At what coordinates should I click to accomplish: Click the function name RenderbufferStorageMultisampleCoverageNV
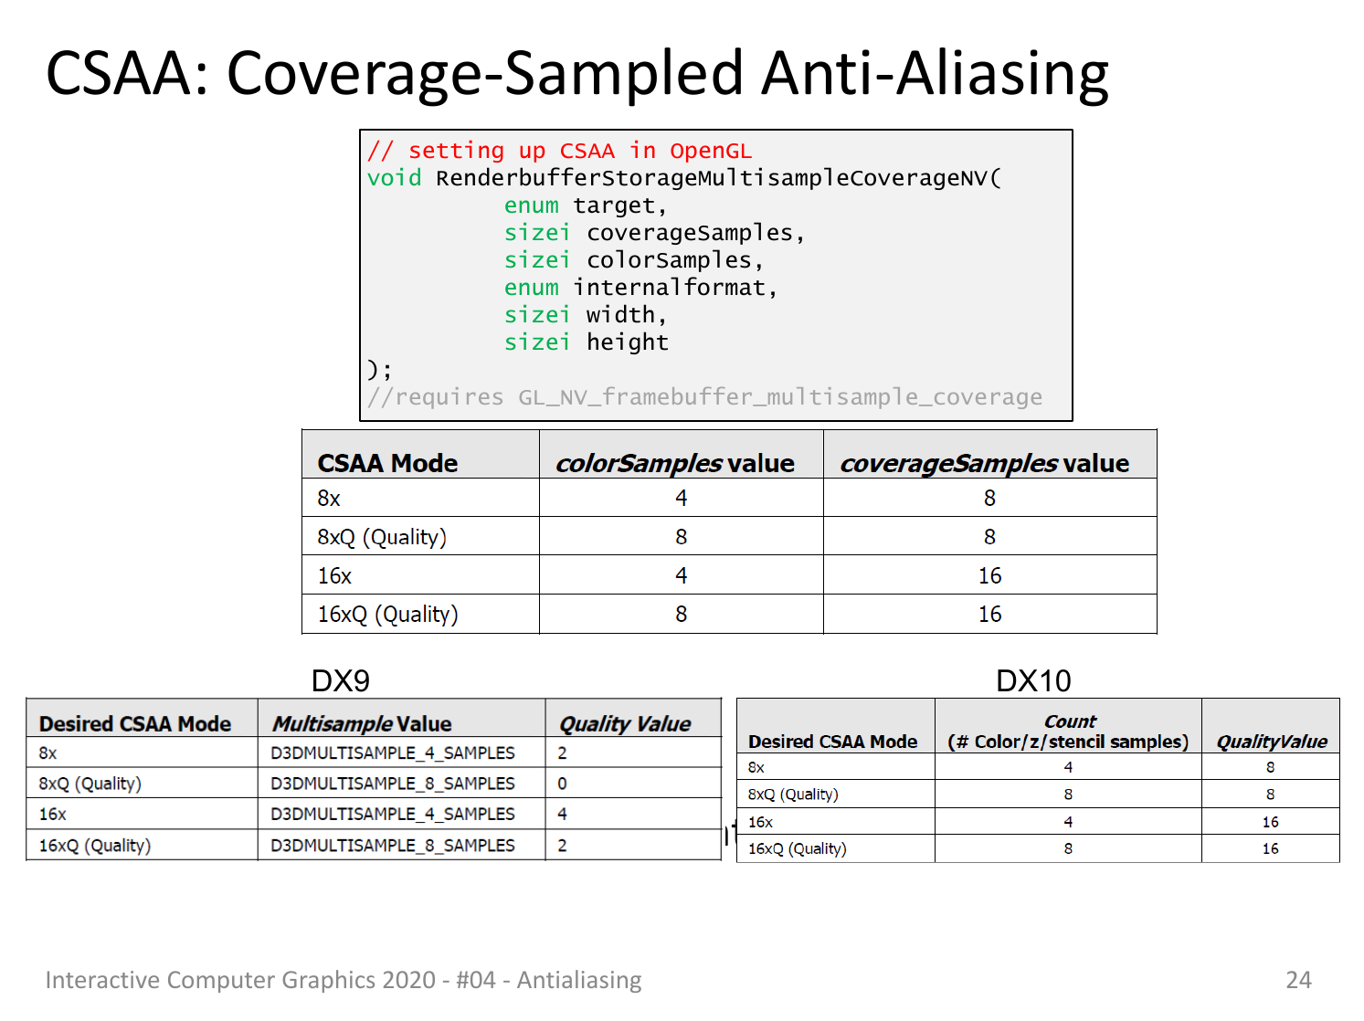coord(712,178)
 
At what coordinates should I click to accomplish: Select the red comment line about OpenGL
coord(559,151)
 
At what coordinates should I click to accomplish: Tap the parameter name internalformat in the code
coord(670,288)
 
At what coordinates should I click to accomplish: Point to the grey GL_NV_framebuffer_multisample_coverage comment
coord(704,397)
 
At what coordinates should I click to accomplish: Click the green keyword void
coord(394,178)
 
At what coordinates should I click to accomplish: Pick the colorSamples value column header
coord(675,463)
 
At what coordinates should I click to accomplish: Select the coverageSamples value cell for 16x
coord(990,575)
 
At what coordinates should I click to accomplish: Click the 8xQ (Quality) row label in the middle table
coord(382,537)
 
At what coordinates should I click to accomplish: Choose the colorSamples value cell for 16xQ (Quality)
coord(681,615)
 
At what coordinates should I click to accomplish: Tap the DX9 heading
coord(341,681)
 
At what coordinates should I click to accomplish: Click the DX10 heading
coord(1033,681)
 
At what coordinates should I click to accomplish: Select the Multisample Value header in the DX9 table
coord(362,724)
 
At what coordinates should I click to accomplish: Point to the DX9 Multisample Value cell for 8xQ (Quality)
coord(393,784)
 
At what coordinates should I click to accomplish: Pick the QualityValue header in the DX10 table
coord(1272,742)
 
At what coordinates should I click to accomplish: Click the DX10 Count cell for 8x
coord(1068,768)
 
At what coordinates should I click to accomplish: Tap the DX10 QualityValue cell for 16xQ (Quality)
coord(1270,849)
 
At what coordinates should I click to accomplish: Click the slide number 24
coord(1298,980)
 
